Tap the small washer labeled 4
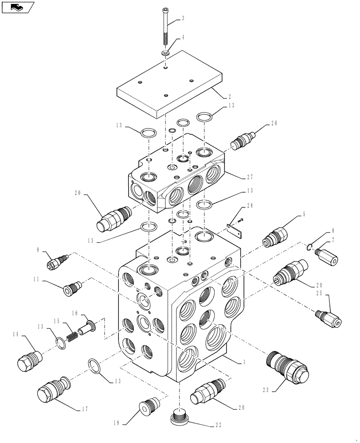[x=165, y=53]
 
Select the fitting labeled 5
[x=275, y=235]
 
